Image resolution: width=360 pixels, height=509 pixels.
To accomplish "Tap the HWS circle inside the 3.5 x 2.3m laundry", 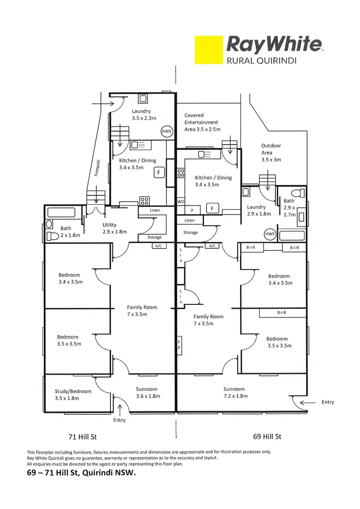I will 167,131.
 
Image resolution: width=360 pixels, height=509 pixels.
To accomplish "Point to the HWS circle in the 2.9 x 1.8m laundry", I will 270,234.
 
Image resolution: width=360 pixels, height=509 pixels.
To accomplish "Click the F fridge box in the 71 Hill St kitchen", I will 159,173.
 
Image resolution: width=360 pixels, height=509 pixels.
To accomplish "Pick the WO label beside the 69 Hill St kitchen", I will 181,202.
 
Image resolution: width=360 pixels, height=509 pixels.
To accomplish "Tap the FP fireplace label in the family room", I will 180,345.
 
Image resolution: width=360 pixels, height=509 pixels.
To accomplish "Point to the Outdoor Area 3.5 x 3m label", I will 271,153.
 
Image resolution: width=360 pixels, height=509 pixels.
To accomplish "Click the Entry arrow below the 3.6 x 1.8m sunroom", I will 120,410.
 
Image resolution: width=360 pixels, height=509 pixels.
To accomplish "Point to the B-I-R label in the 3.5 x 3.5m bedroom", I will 282,313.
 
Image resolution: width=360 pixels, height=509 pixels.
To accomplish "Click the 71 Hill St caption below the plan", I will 83,437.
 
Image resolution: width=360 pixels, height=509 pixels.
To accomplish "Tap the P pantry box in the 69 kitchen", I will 192,210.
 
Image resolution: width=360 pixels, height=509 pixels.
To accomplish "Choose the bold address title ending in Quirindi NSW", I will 82,473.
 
